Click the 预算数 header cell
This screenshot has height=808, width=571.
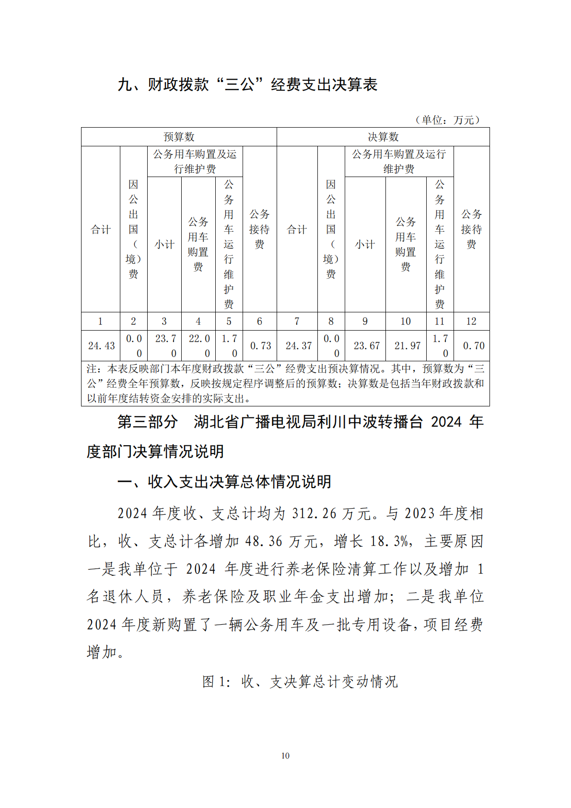pos(179,137)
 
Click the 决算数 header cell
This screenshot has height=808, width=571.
pos(383,137)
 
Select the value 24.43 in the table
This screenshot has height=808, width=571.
pos(101,345)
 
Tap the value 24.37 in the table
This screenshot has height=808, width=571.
pos(298,345)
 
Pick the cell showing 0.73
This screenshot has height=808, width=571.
pos(260,345)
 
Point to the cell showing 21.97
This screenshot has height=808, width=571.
pos(407,345)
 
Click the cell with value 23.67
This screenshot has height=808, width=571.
pos(366,345)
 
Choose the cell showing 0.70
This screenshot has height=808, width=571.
pos(473,345)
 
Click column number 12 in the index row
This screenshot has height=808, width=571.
pos(471,321)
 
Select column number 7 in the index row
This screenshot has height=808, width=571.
pos(297,321)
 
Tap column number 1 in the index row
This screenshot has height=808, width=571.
pos(100,321)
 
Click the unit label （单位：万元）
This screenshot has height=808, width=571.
pos(447,119)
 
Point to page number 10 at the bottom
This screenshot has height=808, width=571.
pos(285,756)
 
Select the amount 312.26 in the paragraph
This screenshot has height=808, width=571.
pos(314,513)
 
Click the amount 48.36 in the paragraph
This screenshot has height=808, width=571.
pos(264,541)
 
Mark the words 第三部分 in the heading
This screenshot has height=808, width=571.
pos(148,422)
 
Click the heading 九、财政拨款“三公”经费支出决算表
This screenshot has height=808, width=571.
pos(248,84)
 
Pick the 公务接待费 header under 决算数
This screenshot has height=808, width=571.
pos(471,229)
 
